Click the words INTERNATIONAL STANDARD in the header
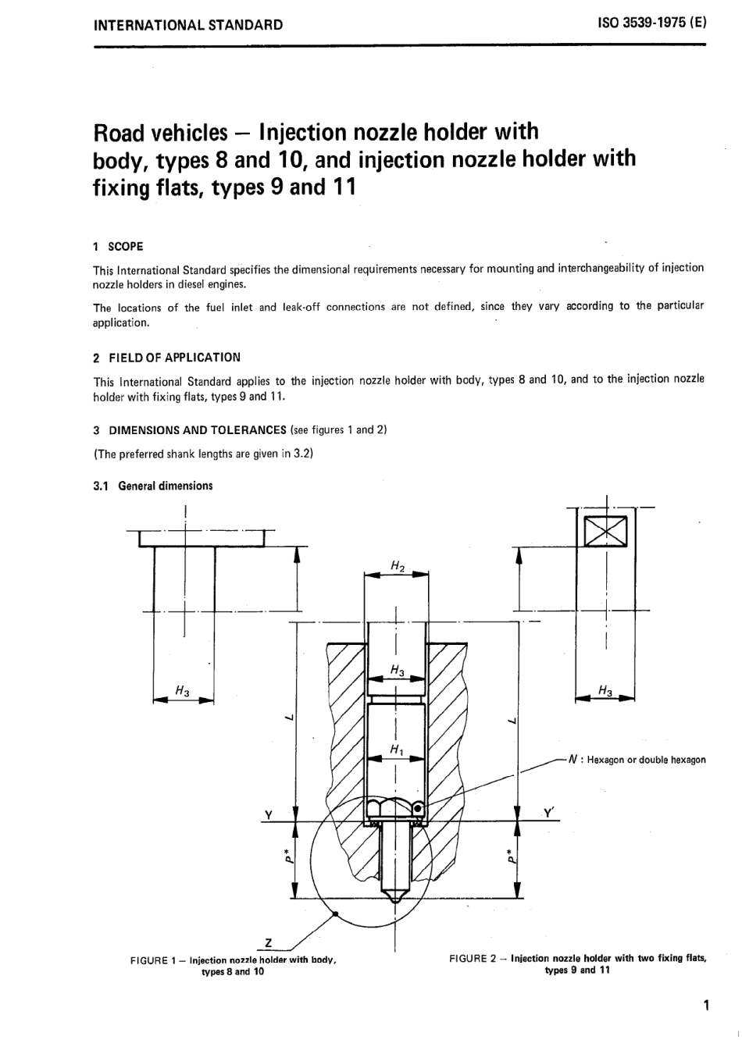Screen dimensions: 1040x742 (x=188, y=24)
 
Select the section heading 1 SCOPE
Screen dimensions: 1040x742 (x=118, y=247)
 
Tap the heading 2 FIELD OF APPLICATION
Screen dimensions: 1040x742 (x=166, y=358)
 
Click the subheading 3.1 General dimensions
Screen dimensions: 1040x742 (x=153, y=486)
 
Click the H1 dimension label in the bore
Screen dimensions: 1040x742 (x=397, y=750)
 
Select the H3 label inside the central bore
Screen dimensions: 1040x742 (x=397, y=670)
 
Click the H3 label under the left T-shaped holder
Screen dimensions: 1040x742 (x=182, y=690)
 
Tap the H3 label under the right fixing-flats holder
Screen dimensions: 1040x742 (x=605, y=689)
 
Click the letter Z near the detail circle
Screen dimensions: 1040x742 (x=268, y=944)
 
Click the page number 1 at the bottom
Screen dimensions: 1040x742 (x=706, y=1005)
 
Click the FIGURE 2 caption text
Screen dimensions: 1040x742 (x=578, y=963)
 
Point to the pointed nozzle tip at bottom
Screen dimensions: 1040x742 (x=397, y=896)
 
